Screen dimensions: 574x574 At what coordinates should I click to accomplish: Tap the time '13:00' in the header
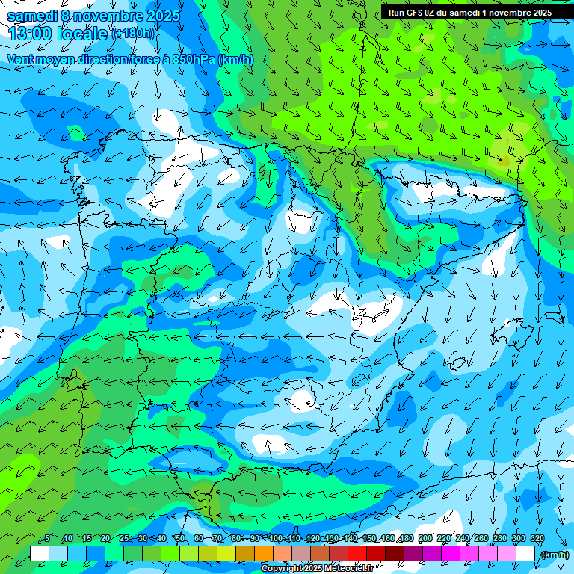point(31,33)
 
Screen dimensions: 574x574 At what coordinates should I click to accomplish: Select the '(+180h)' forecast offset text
point(132,34)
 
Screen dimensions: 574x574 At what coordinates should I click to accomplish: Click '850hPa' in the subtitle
point(193,59)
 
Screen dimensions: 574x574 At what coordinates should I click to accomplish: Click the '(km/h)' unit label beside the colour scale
point(555,555)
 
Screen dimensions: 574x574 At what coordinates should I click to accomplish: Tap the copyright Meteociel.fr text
point(317,569)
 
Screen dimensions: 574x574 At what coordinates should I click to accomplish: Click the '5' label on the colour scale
point(47,539)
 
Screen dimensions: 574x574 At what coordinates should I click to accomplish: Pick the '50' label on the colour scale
point(180,539)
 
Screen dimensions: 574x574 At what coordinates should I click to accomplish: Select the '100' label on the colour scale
point(276,539)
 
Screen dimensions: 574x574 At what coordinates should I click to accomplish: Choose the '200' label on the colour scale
point(425,539)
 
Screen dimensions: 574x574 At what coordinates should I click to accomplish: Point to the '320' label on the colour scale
point(537,539)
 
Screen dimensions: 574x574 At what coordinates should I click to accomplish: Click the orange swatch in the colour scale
point(264,554)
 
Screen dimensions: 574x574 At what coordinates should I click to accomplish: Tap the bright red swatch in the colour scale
point(357,554)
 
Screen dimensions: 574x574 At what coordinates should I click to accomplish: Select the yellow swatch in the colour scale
point(226,554)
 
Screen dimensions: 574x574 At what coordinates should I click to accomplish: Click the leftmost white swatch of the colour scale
point(40,554)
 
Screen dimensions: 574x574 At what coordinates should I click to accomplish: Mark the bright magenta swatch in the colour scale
point(451,554)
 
